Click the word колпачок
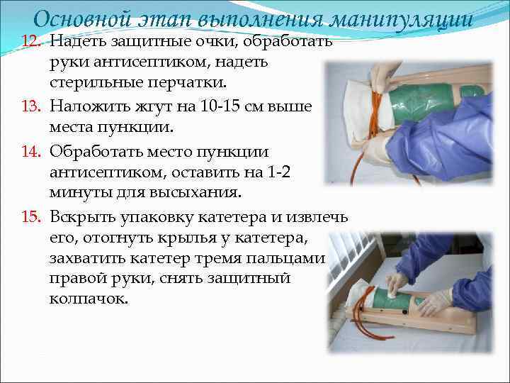(89, 299)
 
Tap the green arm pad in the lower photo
(385, 302)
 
